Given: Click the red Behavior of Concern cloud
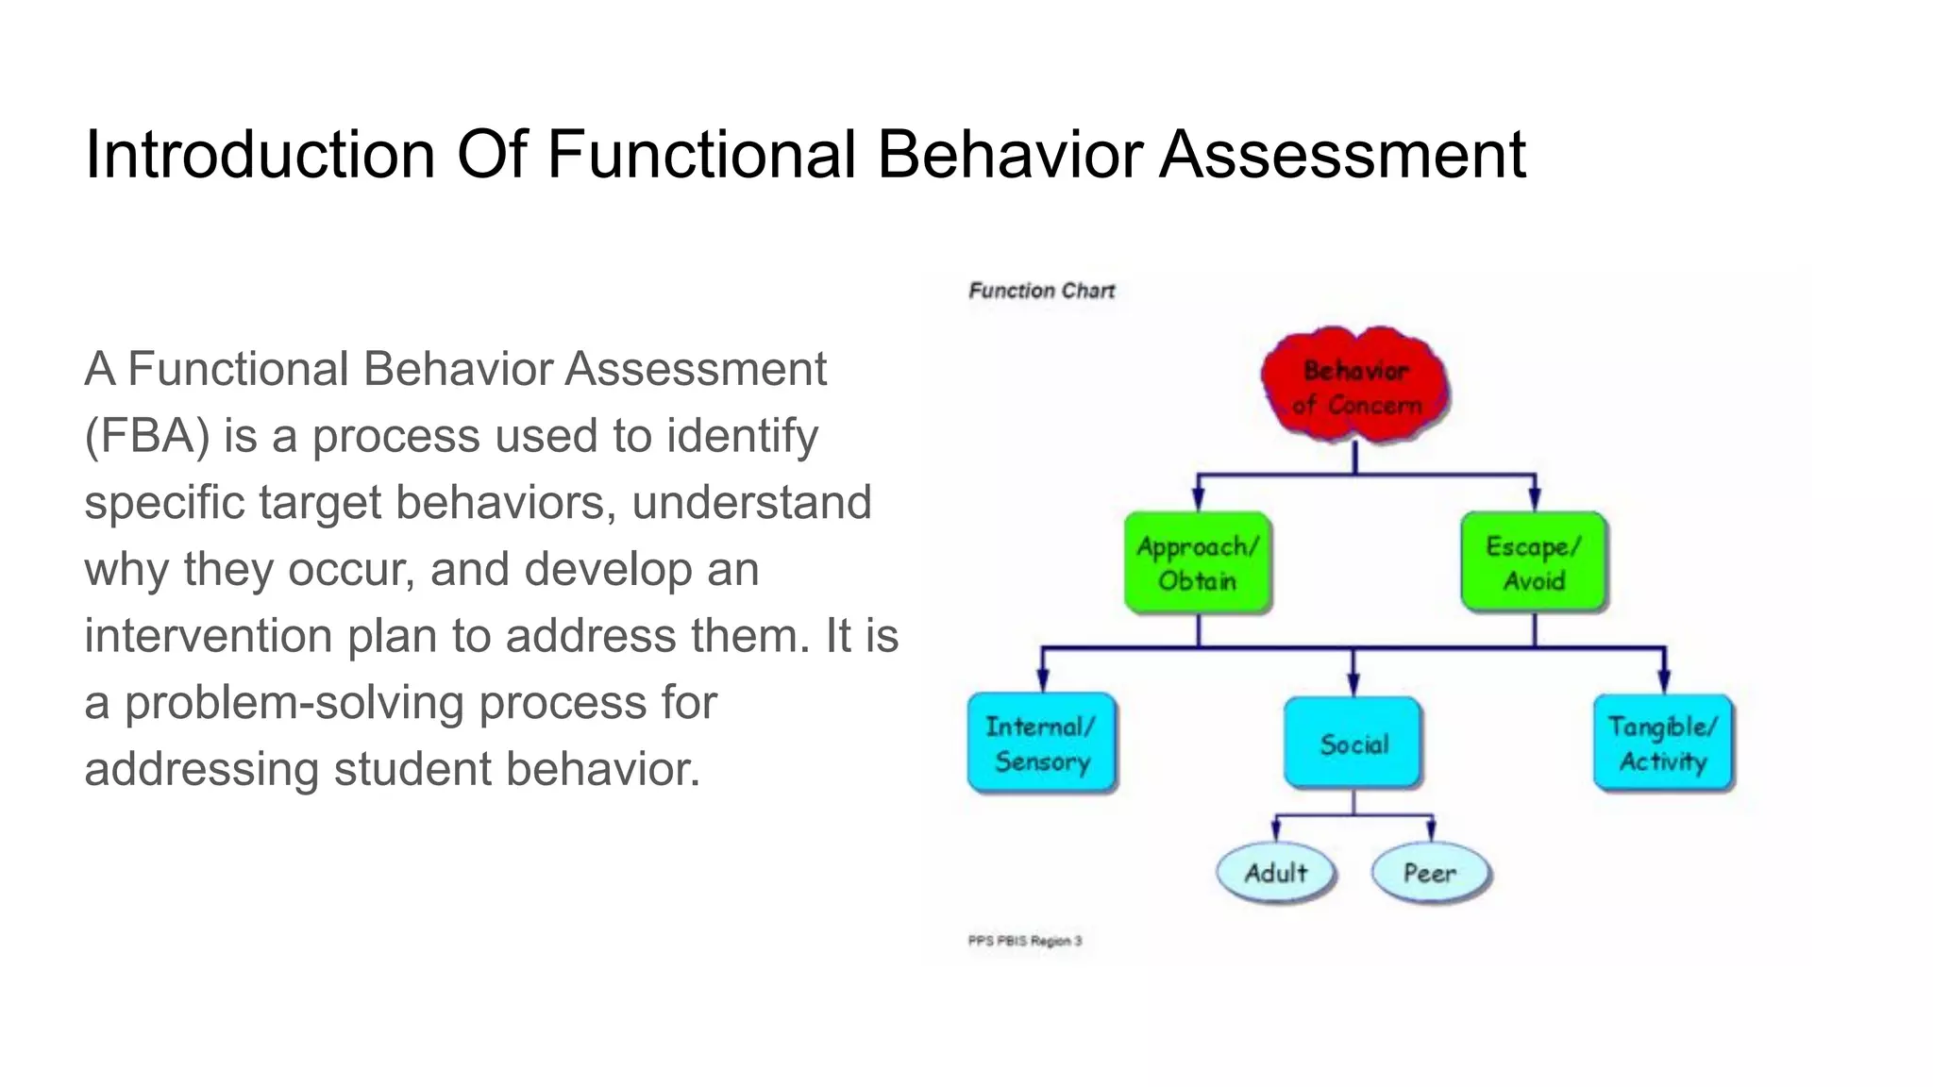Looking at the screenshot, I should [x=1355, y=387].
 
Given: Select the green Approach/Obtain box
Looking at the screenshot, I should [x=1198, y=563].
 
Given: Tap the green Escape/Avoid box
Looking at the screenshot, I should [x=1534, y=563].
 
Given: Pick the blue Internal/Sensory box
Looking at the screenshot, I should [x=1042, y=744].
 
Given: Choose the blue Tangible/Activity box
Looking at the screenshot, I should [x=1663, y=744].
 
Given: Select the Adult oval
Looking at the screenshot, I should [x=1275, y=873].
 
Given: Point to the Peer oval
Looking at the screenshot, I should [x=1430, y=873].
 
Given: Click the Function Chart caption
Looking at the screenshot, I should [x=1041, y=291].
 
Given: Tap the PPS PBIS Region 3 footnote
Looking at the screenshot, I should [x=1024, y=941].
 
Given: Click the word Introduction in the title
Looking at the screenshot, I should [x=260, y=154].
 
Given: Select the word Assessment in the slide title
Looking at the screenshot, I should [x=1342, y=154].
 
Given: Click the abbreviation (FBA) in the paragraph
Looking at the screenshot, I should [x=146, y=436].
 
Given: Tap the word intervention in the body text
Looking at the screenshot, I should [x=208, y=636].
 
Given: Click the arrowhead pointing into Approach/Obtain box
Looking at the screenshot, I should [x=1198, y=500].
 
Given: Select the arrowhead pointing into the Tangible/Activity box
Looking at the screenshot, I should [x=1664, y=681].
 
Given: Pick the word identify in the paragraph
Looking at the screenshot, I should [x=742, y=436].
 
